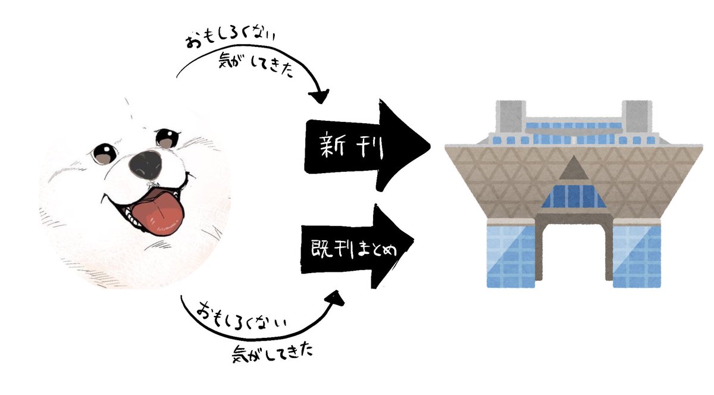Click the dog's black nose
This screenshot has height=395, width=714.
click(145, 160)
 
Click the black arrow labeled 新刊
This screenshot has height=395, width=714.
click(363, 143)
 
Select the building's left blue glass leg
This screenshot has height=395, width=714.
click(511, 253)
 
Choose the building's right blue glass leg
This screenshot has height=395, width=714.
click(637, 253)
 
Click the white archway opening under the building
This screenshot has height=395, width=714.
click(574, 250)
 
